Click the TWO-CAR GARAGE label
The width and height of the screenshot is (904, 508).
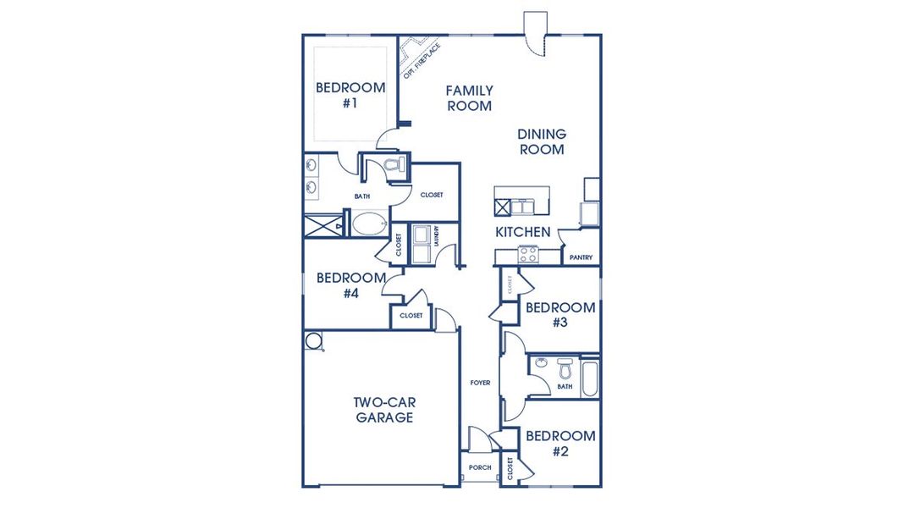click(384, 411)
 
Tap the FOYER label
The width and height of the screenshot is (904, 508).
click(480, 383)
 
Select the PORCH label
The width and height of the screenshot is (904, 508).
click(478, 467)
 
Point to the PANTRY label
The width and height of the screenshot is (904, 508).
click(581, 257)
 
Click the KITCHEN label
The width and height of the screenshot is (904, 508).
click(523, 232)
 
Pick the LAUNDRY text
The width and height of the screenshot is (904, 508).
click(437, 235)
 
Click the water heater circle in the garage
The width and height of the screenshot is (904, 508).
click(314, 341)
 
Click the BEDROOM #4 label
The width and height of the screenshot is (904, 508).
click(351, 285)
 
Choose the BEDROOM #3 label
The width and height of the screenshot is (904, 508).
click(559, 315)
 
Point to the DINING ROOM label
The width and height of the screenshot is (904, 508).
click(542, 141)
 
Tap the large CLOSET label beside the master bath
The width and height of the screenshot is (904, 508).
click(432, 195)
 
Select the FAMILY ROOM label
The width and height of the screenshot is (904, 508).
click(469, 98)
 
